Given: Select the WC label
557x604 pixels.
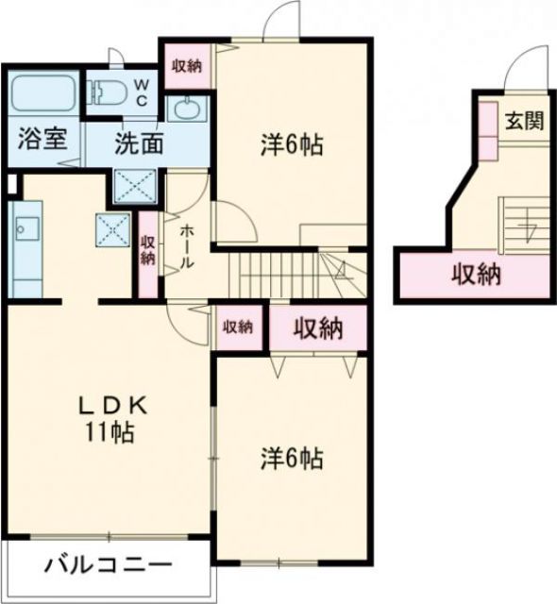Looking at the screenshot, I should click(x=140, y=92).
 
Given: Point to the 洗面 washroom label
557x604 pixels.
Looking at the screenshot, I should click(x=140, y=144).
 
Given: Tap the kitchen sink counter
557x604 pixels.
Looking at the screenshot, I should click(x=25, y=245).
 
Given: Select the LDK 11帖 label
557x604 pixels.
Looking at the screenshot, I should click(x=111, y=419).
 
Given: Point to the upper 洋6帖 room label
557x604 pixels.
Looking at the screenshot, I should click(x=293, y=146).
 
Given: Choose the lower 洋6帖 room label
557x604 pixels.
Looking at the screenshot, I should click(x=293, y=459).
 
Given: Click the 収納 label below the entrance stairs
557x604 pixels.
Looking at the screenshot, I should click(x=475, y=276).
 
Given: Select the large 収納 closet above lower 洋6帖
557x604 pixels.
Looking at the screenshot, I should click(x=316, y=328).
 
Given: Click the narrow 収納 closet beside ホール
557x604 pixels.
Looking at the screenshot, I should click(x=148, y=251).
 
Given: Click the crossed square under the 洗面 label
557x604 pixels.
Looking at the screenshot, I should click(x=135, y=186).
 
